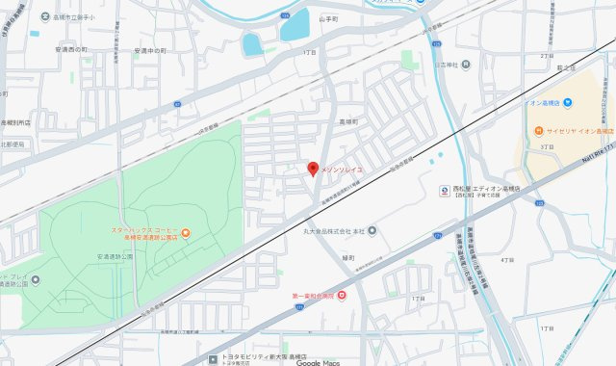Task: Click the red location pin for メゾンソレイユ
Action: pyautogui.click(x=312, y=169)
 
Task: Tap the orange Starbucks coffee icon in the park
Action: pyautogui.click(x=187, y=231)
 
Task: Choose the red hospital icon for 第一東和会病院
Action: pyautogui.click(x=341, y=294)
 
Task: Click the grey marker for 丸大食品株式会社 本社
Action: pyautogui.click(x=372, y=230)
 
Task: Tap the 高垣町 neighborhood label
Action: pyautogui.click(x=347, y=122)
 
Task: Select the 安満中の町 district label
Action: pyautogui.click(x=150, y=50)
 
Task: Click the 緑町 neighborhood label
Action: pyautogui.click(x=348, y=256)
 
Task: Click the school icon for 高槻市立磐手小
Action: pyautogui.click(x=46, y=16)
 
